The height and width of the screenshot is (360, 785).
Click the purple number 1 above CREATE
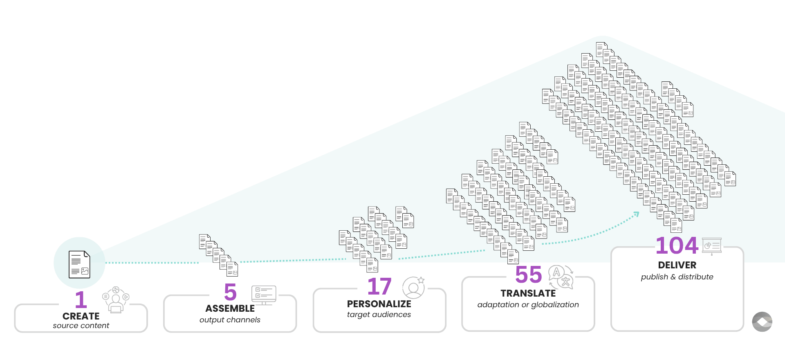(x=81, y=299)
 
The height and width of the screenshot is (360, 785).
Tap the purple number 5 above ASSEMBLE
(x=230, y=292)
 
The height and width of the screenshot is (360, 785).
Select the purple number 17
(x=379, y=286)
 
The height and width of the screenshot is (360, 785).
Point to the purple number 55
(x=528, y=274)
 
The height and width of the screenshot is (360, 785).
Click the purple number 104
(x=677, y=245)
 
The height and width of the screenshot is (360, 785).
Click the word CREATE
(x=81, y=316)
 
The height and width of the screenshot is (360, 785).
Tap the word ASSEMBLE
(x=230, y=308)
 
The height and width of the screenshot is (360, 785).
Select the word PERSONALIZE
(x=379, y=304)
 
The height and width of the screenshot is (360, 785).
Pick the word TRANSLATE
(x=528, y=293)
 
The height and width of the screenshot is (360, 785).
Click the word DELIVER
(x=677, y=265)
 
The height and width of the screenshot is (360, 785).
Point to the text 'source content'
(x=81, y=326)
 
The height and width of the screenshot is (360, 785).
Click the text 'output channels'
(x=230, y=320)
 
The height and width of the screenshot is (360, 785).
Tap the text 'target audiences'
(x=379, y=315)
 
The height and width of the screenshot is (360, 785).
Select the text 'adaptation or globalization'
(x=528, y=305)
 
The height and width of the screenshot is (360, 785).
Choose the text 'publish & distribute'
(x=677, y=277)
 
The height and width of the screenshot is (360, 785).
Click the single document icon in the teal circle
(x=79, y=264)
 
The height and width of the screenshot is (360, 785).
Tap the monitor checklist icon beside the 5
(x=264, y=295)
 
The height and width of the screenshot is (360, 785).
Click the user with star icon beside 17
(x=413, y=287)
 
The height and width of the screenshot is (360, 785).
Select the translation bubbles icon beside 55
(x=561, y=277)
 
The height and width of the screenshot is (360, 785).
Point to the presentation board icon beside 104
(x=712, y=246)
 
